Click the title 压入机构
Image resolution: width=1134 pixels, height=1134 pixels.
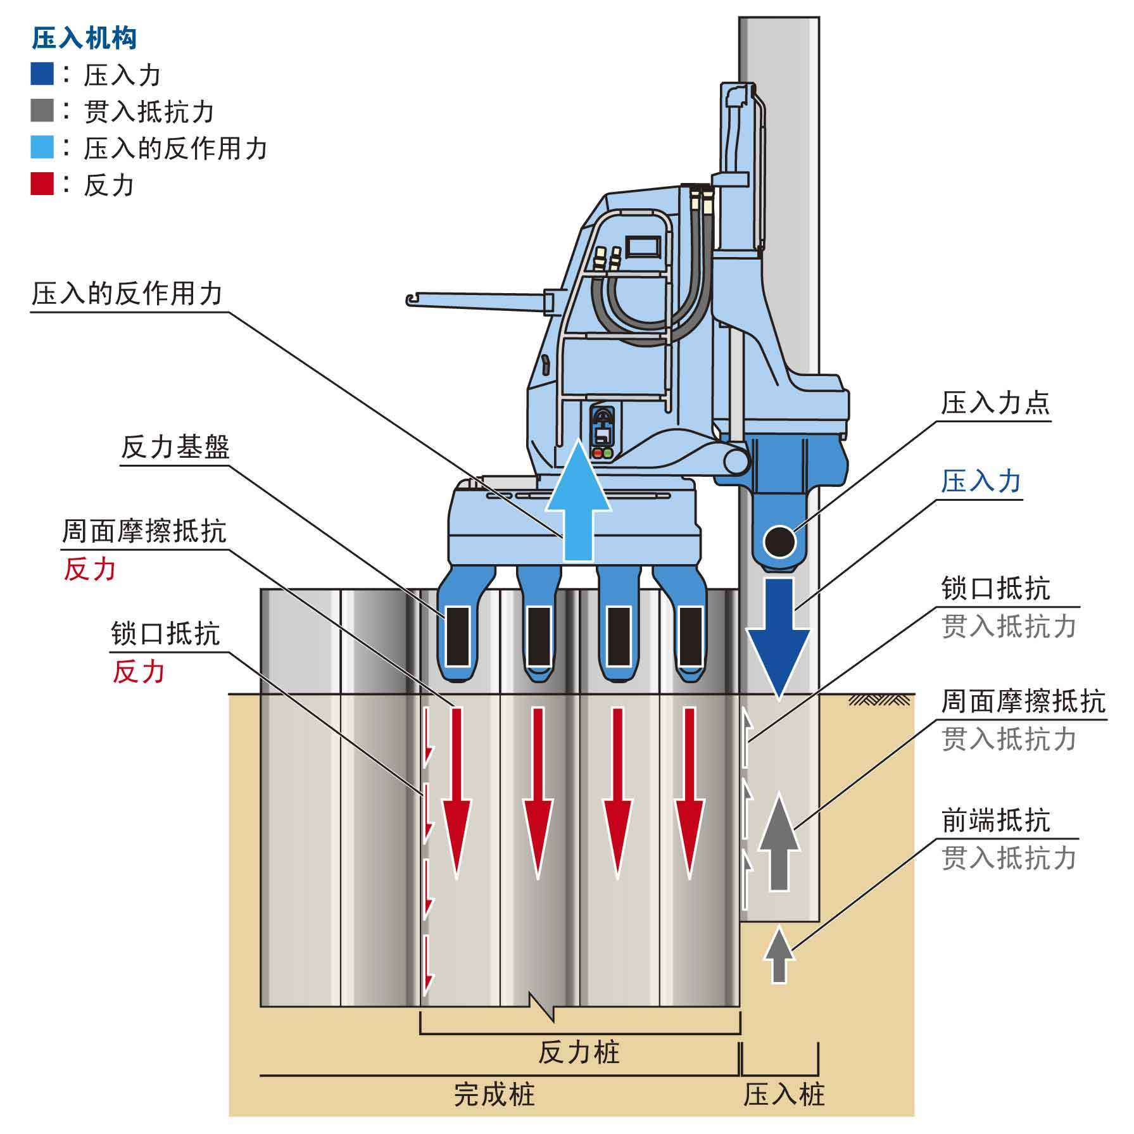pos(84,39)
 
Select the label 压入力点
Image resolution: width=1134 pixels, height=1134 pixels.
pos(995,403)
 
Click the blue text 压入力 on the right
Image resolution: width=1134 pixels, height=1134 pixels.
pos(981,481)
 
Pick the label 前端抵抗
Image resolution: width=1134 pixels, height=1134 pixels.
pos(995,821)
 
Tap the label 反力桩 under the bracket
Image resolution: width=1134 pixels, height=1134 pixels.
pos(579,1053)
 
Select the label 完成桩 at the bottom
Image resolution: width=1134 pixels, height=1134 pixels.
pos(495,1095)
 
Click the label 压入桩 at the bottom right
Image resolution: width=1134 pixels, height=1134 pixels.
pos(784,1095)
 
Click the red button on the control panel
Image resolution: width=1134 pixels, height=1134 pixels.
pos(597,453)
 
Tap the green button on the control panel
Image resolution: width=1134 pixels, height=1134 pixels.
pos(608,453)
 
